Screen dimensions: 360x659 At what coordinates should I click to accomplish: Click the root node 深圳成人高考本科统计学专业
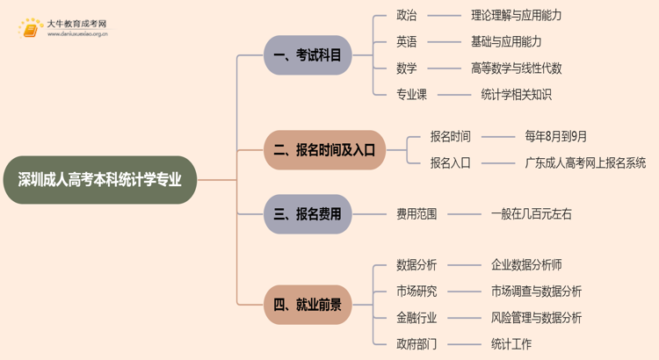click(x=100, y=180)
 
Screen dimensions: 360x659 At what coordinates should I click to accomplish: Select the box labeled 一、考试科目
click(x=307, y=56)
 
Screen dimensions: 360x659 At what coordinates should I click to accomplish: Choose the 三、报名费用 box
click(x=307, y=213)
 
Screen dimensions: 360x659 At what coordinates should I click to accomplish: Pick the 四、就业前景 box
click(x=307, y=305)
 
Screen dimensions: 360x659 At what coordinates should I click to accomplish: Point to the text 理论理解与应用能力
click(x=516, y=15)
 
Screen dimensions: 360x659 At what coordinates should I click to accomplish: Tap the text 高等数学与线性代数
click(x=516, y=68)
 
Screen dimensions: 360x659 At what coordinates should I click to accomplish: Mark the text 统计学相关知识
click(x=516, y=94)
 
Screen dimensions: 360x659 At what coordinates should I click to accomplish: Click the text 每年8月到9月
click(x=556, y=136)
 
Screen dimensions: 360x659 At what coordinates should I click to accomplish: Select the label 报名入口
click(x=450, y=162)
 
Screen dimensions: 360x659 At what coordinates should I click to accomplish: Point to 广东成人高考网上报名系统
click(x=585, y=162)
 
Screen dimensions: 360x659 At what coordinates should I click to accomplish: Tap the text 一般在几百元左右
click(x=532, y=213)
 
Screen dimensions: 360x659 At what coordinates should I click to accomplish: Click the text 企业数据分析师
click(x=526, y=264)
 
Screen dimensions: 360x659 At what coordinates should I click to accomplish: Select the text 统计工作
click(x=511, y=343)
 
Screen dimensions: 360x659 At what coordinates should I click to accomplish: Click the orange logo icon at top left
click(x=31, y=29)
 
